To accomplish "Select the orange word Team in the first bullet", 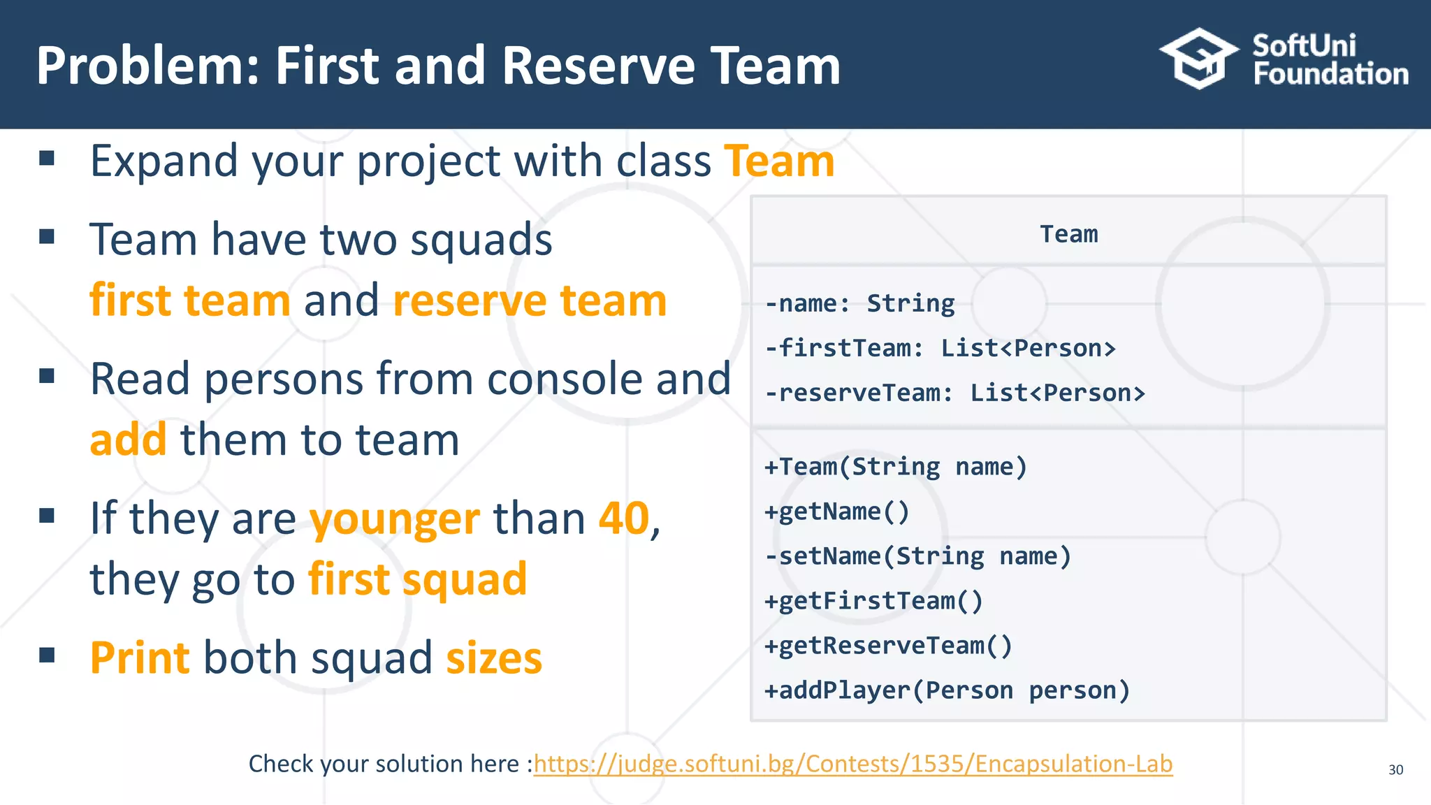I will (x=779, y=161).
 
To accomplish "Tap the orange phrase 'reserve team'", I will (x=530, y=300).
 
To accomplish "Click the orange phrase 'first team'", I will (x=190, y=300).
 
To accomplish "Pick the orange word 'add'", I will (x=129, y=440).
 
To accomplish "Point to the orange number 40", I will (x=624, y=518).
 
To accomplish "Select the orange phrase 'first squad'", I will (x=417, y=579).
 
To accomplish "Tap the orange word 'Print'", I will (x=140, y=658).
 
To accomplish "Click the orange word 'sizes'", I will (x=494, y=658).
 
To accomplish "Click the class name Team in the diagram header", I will (x=1068, y=234).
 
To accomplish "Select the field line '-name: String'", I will (x=859, y=303).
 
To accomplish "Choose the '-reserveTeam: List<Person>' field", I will (x=954, y=393).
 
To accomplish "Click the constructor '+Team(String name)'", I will (x=896, y=466).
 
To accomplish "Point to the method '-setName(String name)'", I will (x=917, y=556).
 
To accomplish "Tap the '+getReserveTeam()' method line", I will (x=888, y=646).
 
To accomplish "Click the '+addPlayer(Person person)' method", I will (x=947, y=690).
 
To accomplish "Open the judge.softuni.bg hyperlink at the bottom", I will (x=852, y=764).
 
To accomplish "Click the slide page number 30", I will (x=1395, y=770).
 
